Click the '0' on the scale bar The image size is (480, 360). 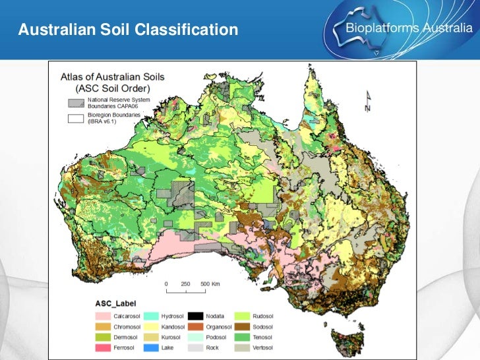pos(166,284)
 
